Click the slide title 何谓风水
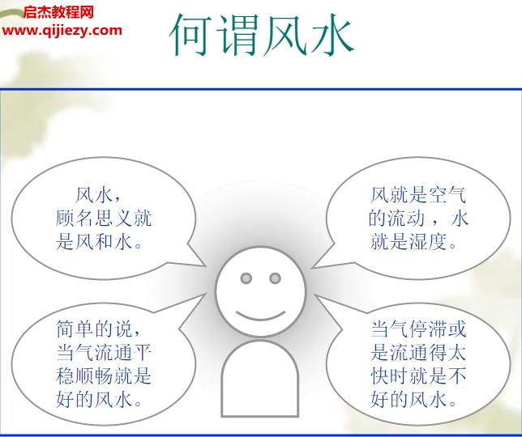click(261, 35)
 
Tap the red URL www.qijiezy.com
click(62, 31)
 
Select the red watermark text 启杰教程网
click(58, 13)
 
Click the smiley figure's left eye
click(246, 278)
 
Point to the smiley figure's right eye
click(275, 278)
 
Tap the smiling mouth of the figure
click(261, 316)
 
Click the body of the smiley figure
click(260, 379)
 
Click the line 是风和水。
click(99, 241)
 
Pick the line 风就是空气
click(418, 195)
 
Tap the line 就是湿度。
click(413, 241)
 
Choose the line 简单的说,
click(99, 329)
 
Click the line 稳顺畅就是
click(104, 375)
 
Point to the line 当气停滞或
click(419, 329)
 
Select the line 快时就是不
click(419, 375)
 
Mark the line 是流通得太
click(419, 352)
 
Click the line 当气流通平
click(104, 352)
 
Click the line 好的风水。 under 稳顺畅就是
click(99, 399)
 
